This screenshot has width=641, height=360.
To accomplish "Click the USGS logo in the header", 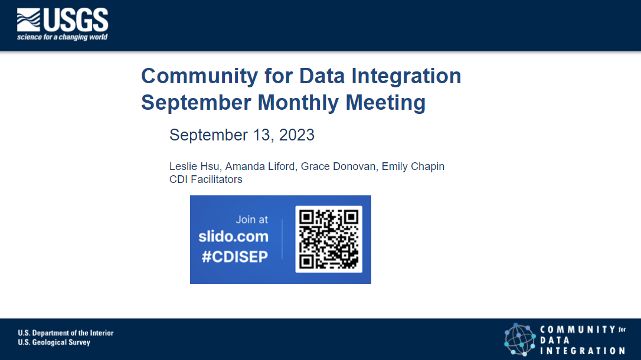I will coord(62,20).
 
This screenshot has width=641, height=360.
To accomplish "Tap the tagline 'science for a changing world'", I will coord(63,37).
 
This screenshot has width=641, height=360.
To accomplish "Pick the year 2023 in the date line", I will coord(296,135).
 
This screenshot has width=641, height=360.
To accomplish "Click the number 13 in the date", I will coord(261,135).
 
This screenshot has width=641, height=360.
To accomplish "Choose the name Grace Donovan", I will coord(338,166).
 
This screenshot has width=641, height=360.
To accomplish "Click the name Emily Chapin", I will coord(413,166).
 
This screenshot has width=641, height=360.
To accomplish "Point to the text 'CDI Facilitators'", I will coord(205,179).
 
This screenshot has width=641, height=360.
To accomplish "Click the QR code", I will coord(329,239).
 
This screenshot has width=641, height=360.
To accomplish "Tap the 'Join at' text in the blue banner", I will coord(251,220).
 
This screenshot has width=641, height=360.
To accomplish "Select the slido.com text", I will coord(233,237).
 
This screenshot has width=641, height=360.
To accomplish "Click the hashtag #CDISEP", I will coord(234,256).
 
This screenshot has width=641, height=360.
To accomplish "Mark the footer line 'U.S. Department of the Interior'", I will coord(66,333).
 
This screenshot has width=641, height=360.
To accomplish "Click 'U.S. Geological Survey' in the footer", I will coord(54,342).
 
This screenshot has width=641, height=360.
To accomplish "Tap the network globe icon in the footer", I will coord(519,339).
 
